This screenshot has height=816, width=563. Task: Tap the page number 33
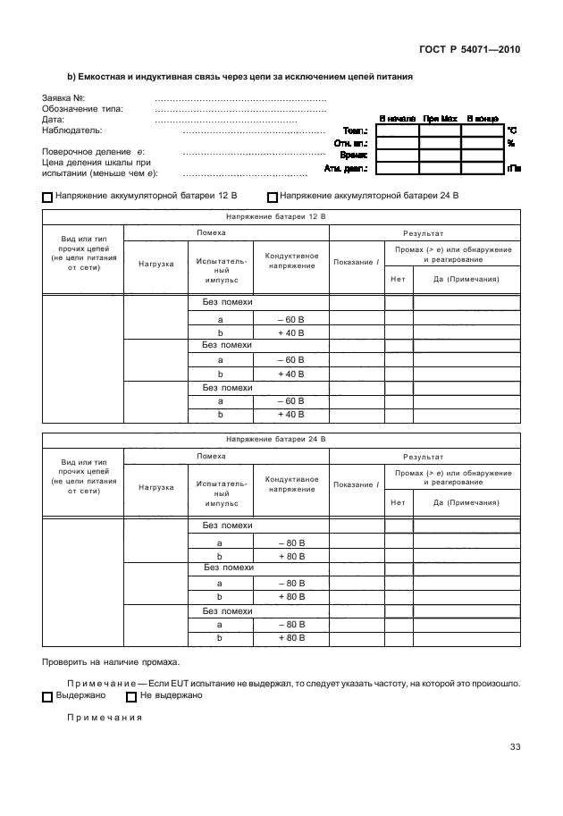pyautogui.click(x=515, y=747)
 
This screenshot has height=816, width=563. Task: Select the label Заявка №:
pyautogui.click(x=63, y=97)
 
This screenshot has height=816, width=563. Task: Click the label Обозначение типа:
pyautogui.click(x=82, y=108)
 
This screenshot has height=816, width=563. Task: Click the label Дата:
pyautogui.click(x=53, y=119)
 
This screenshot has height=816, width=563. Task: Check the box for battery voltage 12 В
pyautogui.click(x=48, y=197)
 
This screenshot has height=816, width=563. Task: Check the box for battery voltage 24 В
pyautogui.click(x=273, y=197)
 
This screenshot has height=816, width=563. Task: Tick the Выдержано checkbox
pyautogui.click(x=48, y=696)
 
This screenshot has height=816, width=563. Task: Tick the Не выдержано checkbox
pyautogui.click(x=131, y=696)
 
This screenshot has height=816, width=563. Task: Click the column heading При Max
pyautogui.click(x=440, y=118)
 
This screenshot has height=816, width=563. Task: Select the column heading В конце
pyautogui.click(x=482, y=118)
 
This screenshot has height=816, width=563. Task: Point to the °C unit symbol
pyautogui.click(x=512, y=130)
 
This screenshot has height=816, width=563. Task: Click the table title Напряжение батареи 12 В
pyautogui.click(x=276, y=216)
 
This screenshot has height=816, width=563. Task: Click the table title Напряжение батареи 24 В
pyautogui.click(x=276, y=440)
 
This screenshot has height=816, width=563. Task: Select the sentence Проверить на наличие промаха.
pyautogui.click(x=111, y=662)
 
